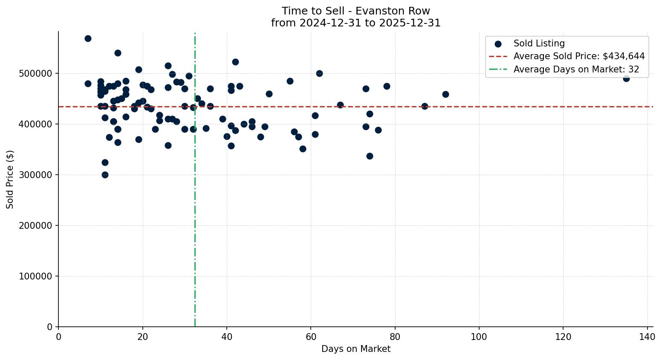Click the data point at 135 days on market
coord(626,78)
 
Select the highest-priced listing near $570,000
coord(88,38)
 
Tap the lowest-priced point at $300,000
coord(105,175)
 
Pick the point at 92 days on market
coord(445,94)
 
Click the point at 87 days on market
coord(425,106)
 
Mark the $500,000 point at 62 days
coord(319,73)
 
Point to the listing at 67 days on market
coord(340,105)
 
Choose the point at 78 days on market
coord(387,86)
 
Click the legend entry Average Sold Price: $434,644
coord(579,56)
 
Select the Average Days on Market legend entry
coord(576,69)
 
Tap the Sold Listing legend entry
coord(539,43)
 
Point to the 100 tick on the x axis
coord(479,337)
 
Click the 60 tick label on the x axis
coord(311,337)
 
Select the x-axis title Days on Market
coord(356,349)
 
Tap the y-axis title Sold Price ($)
coord(10,179)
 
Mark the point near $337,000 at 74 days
coord(370,156)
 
